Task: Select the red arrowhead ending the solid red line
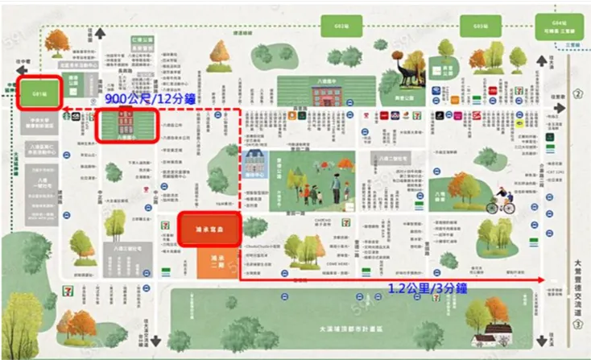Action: click(x=543, y=279)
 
